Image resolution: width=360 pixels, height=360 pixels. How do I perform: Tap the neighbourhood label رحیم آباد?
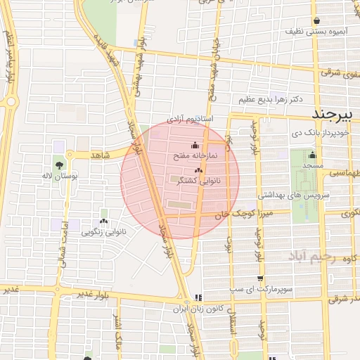pos(314,259)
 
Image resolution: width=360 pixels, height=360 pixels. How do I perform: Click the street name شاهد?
pos(102,155)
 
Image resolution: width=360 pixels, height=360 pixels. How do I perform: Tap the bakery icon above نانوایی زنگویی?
pos(105,221)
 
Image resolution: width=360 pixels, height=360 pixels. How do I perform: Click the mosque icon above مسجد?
pos(313,155)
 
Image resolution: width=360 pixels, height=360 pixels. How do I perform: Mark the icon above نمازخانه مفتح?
pos(195,146)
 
